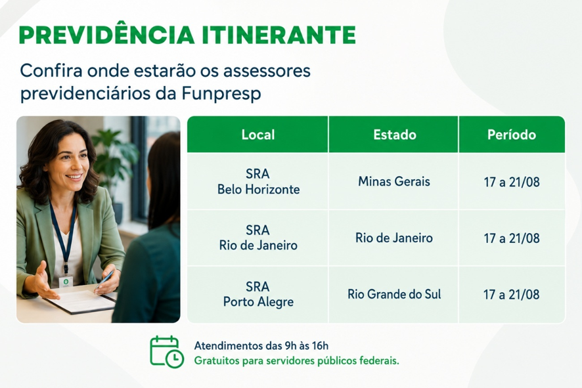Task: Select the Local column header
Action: [x=258, y=135]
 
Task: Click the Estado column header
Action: [x=395, y=135]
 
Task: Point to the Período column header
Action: [x=512, y=135]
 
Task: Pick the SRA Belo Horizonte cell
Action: [x=258, y=182]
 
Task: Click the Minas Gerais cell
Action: [x=394, y=182]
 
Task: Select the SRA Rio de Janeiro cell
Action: [x=258, y=238]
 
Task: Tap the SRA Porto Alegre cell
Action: [x=258, y=294]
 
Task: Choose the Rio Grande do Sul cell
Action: [x=394, y=294]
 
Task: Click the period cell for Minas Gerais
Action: [x=512, y=182]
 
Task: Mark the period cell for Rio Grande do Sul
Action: [x=512, y=295]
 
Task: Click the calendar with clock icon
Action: [x=166, y=351]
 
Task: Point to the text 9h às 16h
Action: [x=306, y=346]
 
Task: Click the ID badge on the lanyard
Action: [x=66, y=282]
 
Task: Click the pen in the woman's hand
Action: [x=104, y=279]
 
